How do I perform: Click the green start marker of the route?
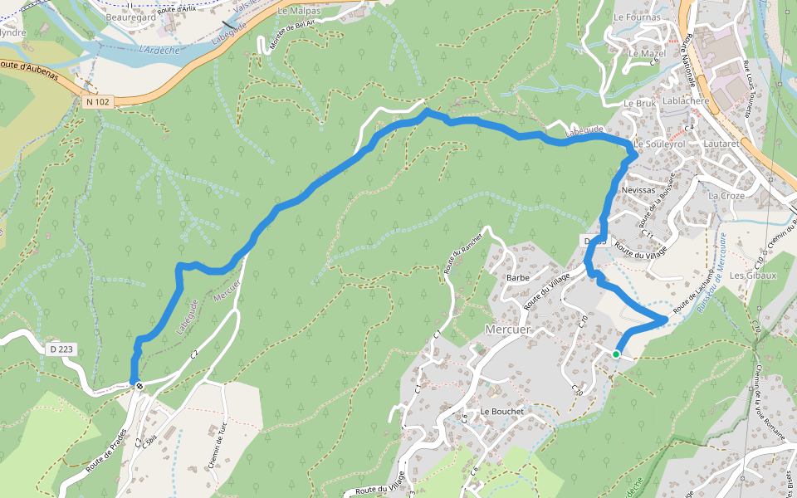coord(616,354)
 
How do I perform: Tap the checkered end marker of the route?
coord(139,384)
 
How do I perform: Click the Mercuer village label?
coord(506,329)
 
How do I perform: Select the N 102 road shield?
coord(98,101)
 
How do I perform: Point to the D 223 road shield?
coord(62,349)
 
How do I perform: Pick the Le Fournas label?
coord(637,17)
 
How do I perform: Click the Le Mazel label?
coord(648,54)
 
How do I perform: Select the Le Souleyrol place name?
coord(658,144)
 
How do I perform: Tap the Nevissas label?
coord(638,190)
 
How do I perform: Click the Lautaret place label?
coord(721,144)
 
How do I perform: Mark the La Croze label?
coord(726,196)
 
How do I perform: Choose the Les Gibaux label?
coord(752,276)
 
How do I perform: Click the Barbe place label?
coord(517,277)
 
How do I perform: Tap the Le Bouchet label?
coord(501,411)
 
